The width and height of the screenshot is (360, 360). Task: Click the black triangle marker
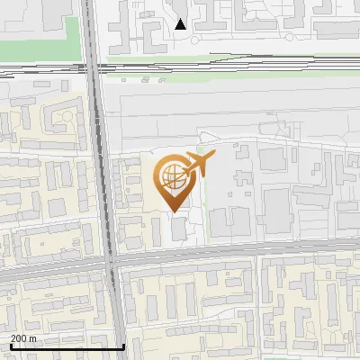point(181,24)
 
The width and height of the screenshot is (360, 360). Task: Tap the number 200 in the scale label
point(19,339)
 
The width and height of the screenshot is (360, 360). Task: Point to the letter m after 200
point(32,339)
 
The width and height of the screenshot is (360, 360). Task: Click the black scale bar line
point(67,346)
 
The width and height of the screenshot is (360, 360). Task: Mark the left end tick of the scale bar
point(10,345)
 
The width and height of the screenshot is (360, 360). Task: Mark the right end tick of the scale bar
point(123,345)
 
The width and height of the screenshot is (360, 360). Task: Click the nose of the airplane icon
point(212,157)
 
